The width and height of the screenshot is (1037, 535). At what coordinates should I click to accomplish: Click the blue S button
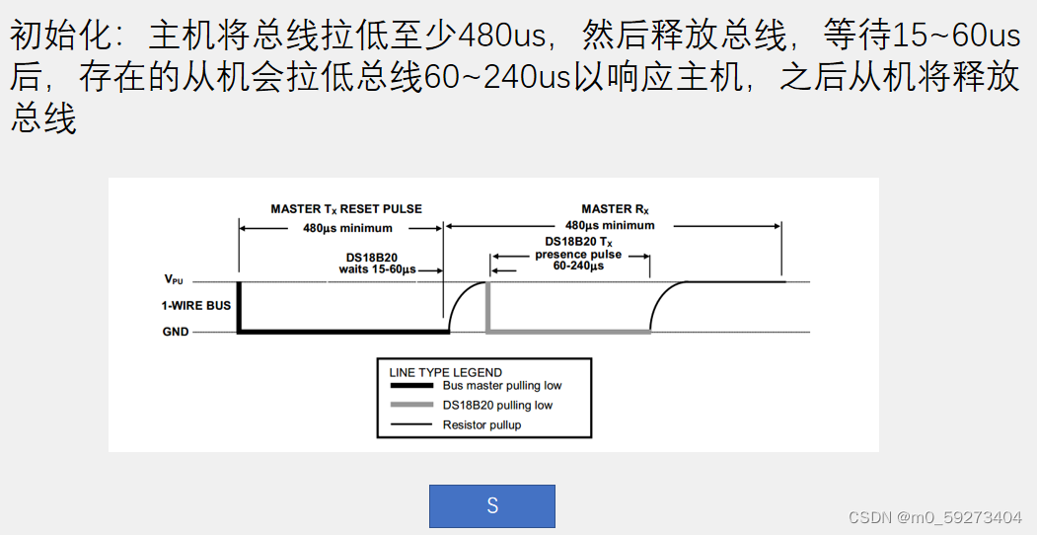point(491,506)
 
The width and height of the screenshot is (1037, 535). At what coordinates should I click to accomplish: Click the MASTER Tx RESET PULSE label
point(346,209)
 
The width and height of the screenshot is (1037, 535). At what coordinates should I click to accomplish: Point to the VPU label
point(174,280)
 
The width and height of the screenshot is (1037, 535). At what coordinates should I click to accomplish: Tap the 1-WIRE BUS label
point(196,306)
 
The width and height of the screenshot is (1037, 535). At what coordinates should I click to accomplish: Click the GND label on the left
point(176,333)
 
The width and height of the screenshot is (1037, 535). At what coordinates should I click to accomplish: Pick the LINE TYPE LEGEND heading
point(445,372)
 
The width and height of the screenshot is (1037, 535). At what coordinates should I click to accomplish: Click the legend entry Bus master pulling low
point(501,386)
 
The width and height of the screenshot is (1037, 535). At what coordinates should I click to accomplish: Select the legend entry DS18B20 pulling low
point(497,405)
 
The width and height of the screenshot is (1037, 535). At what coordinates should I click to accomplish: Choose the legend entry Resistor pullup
point(481,424)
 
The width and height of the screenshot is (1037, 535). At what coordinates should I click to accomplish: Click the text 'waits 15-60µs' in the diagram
point(376,268)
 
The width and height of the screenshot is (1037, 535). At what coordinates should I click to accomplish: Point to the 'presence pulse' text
point(578,254)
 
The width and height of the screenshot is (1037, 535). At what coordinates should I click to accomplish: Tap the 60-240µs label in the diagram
point(578,266)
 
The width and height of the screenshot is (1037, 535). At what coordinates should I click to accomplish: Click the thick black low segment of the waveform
point(340,333)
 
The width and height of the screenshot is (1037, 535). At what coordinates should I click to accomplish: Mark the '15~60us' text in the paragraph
point(955,38)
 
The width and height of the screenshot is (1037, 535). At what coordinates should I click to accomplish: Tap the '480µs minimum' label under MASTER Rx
point(610,225)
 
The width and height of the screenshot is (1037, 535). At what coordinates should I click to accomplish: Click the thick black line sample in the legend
point(411,386)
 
